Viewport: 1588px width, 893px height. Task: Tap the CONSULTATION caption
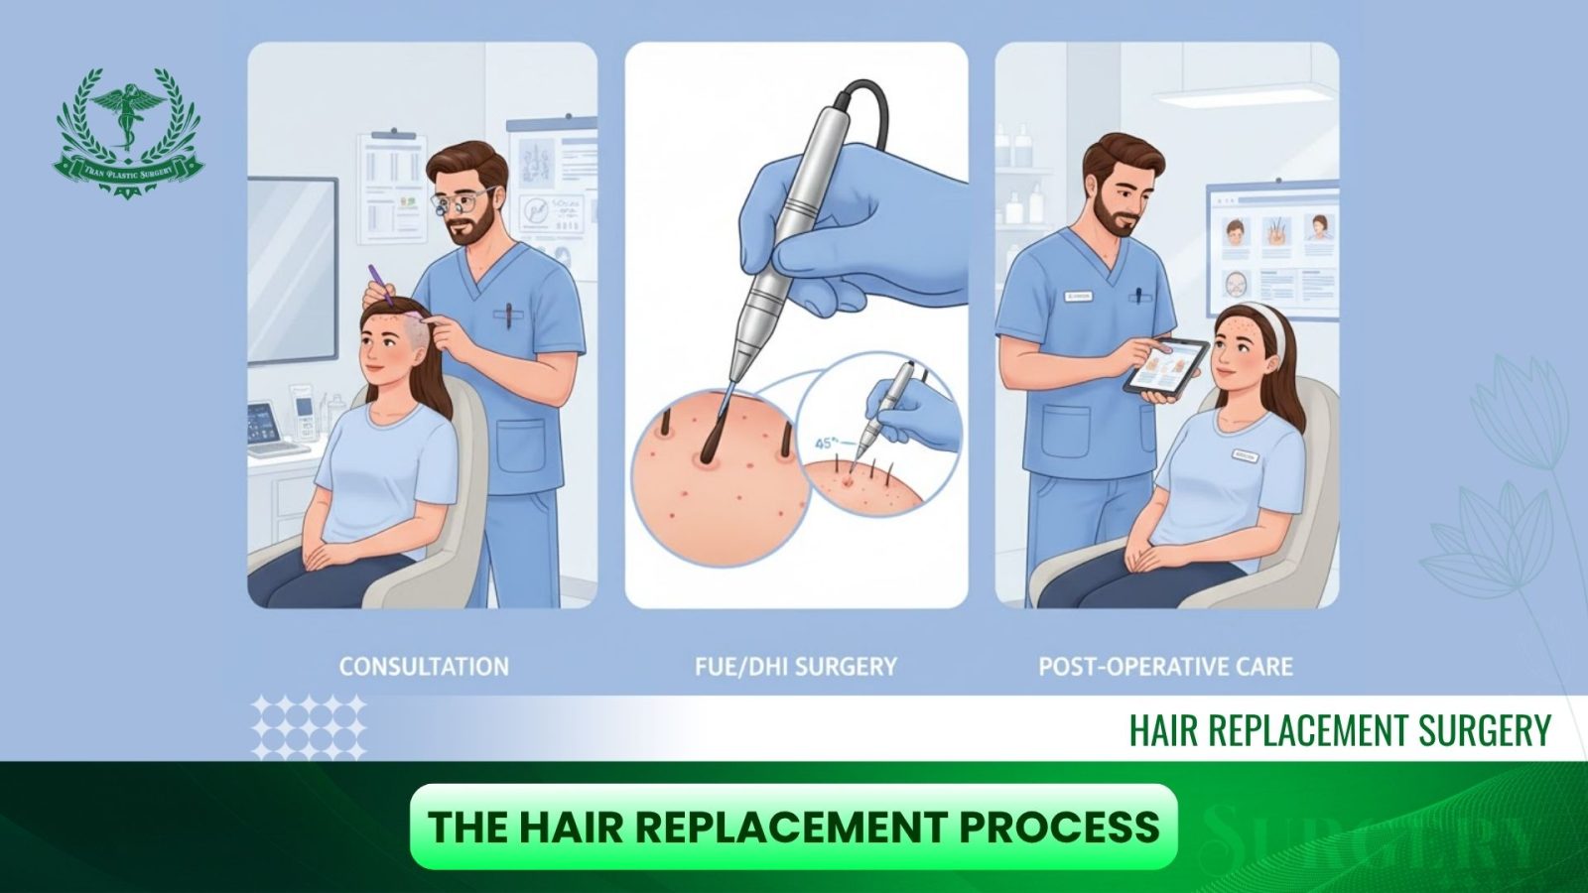coord(424,666)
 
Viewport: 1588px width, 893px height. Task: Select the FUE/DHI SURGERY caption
coord(796,666)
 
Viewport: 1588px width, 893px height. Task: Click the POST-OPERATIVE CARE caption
coord(1165,666)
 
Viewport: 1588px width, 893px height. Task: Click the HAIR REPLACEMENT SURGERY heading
coord(1339,730)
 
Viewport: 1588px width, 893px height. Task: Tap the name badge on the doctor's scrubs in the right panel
coord(1076,296)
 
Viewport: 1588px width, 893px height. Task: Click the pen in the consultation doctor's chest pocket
coord(508,316)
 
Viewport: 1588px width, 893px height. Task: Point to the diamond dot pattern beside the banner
coord(309,725)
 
